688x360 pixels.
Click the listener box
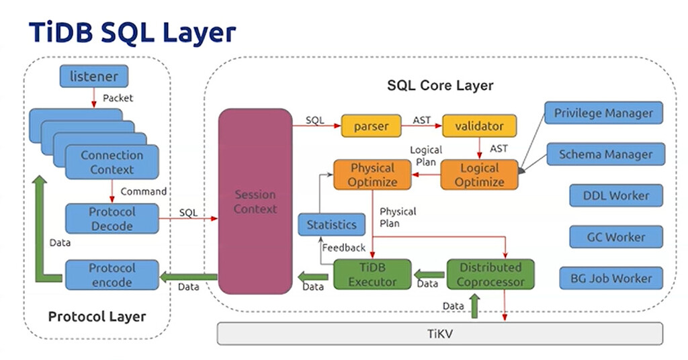click(x=94, y=77)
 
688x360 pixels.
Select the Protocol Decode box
click(x=112, y=219)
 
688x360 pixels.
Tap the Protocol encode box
click(x=112, y=275)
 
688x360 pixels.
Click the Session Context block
click(x=255, y=201)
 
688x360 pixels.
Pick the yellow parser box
click(x=371, y=126)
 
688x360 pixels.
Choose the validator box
click(x=479, y=126)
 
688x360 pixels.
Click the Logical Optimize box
click(x=479, y=175)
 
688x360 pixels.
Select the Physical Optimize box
click(x=372, y=175)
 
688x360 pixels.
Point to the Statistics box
click(x=331, y=224)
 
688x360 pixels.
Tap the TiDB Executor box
click(x=372, y=275)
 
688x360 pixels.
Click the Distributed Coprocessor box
click(x=490, y=275)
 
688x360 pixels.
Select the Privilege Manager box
click(x=603, y=113)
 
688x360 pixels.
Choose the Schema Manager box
click(x=605, y=154)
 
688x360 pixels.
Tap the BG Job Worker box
click(x=611, y=278)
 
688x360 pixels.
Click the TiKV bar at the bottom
click(x=439, y=333)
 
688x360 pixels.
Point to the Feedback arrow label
click(x=343, y=248)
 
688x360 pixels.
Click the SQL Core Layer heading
click(x=440, y=85)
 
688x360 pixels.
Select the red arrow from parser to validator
click(x=421, y=126)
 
